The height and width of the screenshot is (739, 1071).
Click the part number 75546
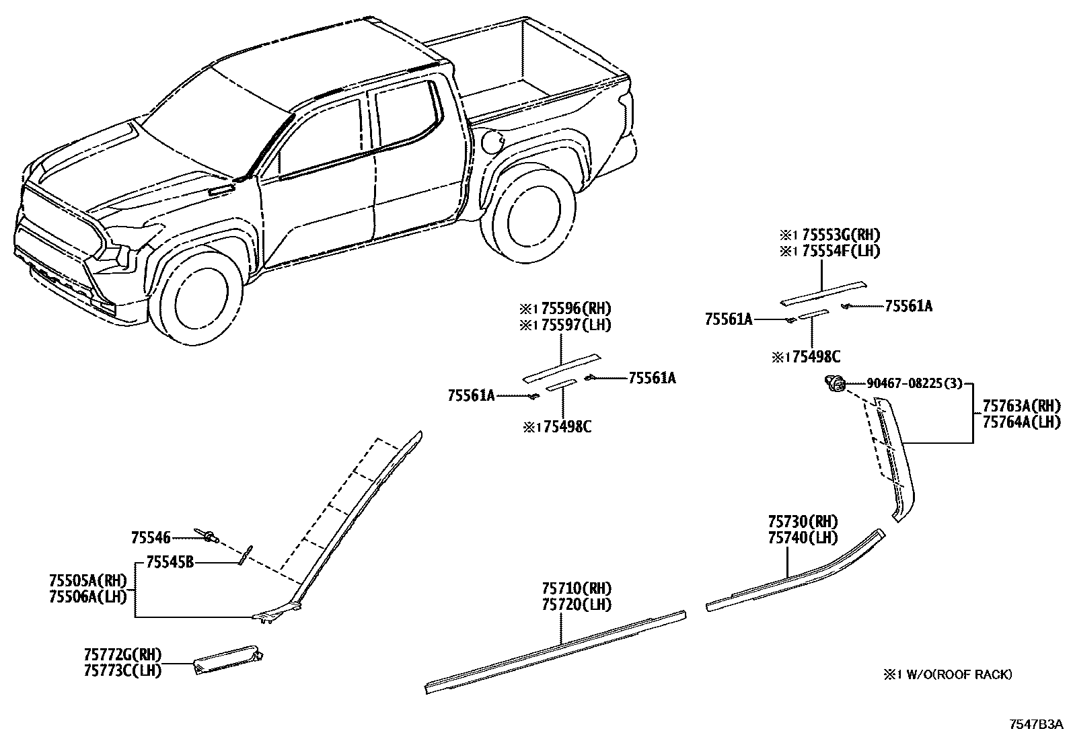coord(151,537)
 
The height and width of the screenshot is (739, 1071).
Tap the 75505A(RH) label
coord(88,580)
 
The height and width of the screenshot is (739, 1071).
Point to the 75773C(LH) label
coord(122,670)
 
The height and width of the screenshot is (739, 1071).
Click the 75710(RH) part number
coord(577,588)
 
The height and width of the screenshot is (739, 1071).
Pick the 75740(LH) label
coord(803,538)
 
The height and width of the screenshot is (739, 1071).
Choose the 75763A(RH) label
coord(1021,406)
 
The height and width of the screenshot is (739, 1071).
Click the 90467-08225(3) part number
coord(914,383)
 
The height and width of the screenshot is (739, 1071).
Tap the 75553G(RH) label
coord(837,235)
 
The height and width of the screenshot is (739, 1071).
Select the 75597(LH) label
coord(571,325)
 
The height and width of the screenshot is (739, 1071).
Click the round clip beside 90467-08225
coord(835,385)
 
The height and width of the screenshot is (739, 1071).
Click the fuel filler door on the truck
coord(492,142)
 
